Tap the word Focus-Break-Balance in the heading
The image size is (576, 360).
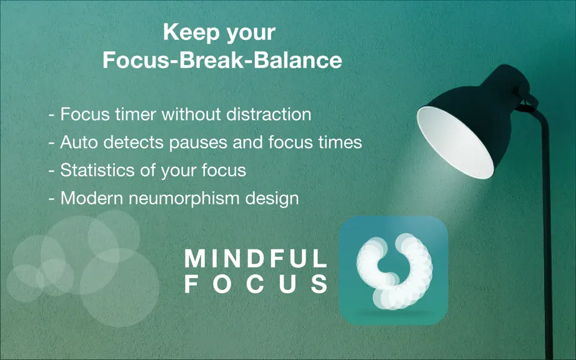(x=222, y=60)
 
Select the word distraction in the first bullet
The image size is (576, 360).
(x=269, y=114)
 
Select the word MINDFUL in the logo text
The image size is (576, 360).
(x=256, y=258)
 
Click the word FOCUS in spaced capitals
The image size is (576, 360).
(x=256, y=284)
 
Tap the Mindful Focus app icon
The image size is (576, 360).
(x=393, y=271)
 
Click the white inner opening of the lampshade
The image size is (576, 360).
(x=455, y=142)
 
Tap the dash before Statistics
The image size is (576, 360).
(x=52, y=171)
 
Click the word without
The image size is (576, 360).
(x=191, y=114)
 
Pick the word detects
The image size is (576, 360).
(x=133, y=142)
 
